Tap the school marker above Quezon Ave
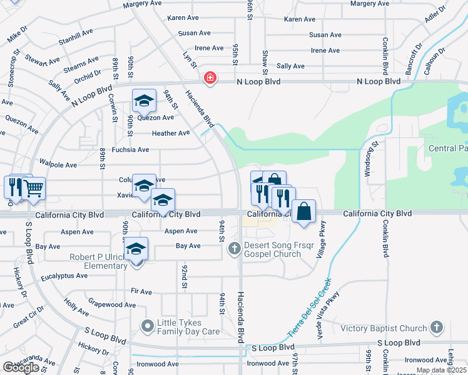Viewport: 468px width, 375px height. (x=143, y=100)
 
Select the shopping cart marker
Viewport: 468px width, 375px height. (x=33, y=187)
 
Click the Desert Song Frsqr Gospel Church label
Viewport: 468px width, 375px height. (x=273, y=249)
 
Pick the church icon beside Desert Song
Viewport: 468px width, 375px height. (x=235, y=249)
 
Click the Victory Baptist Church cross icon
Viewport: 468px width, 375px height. (x=436, y=327)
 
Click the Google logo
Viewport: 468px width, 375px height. (x=21, y=367)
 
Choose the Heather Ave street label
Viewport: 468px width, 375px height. (x=170, y=133)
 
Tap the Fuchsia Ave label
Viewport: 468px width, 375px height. (x=130, y=150)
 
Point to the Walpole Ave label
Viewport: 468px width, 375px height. (x=58, y=165)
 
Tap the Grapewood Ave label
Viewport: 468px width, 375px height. (x=112, y=305)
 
